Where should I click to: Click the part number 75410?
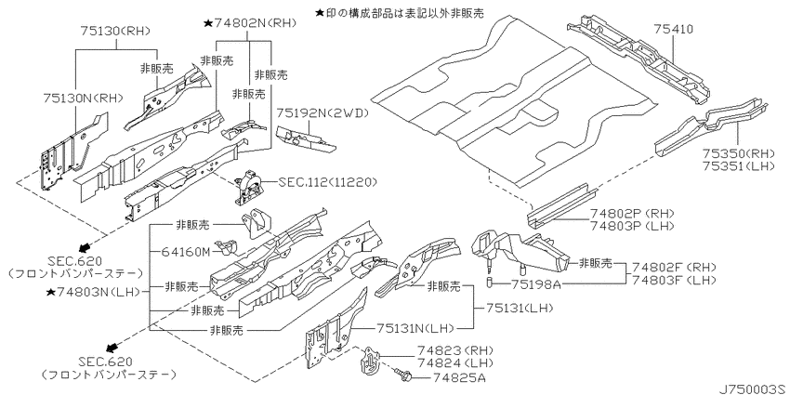point(673,29)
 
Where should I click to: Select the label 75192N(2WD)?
point(323,113)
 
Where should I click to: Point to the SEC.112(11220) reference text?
point(326,181)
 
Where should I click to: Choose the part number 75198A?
point(535,284)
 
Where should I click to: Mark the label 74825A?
point(460,377)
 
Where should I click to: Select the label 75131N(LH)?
point(415,328)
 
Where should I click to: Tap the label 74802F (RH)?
point(674,267)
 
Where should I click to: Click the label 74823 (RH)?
point(455,350)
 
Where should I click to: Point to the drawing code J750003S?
point(754,388)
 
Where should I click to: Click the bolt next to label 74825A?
point(404,375)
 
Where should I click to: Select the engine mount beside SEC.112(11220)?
point(248,188)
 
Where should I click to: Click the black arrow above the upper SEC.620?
point(85,246)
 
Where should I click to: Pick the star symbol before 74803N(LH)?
point(50,292)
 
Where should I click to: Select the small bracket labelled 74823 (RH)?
point(370,361)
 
